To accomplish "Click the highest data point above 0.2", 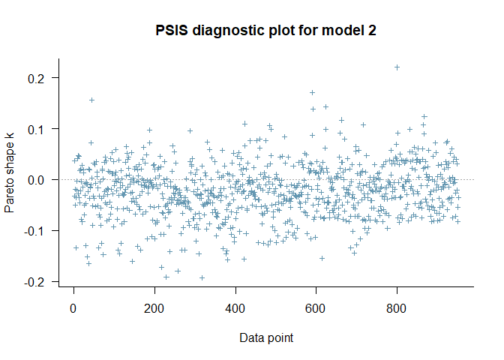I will coord(397,67).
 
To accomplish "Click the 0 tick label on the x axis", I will coord(73,307).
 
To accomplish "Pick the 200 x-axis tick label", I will coord(154,307).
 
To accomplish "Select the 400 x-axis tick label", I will coord(235,307).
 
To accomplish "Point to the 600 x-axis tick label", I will coord(316,307).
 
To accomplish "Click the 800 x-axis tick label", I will coord(397,307).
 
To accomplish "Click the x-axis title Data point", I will coord(266,337).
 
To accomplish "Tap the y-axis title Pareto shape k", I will coord(10,180).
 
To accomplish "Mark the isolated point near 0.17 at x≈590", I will coord(312,93).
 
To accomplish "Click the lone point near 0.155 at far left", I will coord(91,100).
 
